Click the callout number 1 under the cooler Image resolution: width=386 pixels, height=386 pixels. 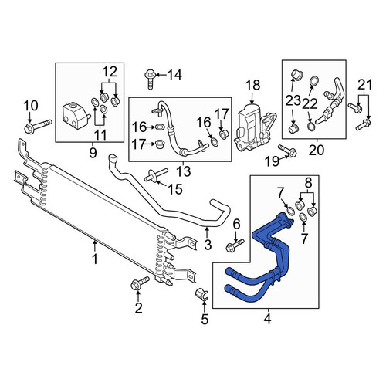pos(95,259)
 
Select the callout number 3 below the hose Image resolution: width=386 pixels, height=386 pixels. pos(208,245)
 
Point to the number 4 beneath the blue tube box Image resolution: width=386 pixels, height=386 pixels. pos(268,319)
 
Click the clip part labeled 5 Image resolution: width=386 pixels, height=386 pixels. pos(203,295)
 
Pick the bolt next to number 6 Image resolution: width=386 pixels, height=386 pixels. pos(235,245)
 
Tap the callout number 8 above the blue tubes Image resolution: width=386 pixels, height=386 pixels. pos(308,183)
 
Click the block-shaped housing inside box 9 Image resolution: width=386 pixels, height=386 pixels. pos(76,115)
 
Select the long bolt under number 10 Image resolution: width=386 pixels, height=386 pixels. pos(38,127)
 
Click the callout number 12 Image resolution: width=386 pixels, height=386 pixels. pos(110,72)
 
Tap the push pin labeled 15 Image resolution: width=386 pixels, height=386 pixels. pos(156,174)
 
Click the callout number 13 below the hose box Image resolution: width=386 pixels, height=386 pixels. pos(184,171)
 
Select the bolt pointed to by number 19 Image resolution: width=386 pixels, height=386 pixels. pos(287,151)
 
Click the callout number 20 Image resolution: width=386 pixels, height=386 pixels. pos(317,151)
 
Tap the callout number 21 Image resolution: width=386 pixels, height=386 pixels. pos(365,85)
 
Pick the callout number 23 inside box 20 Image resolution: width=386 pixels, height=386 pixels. pos(293,101)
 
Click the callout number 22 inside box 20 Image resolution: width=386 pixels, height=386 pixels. pos(310,104)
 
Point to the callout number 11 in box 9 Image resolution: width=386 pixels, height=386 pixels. pos(100,134)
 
